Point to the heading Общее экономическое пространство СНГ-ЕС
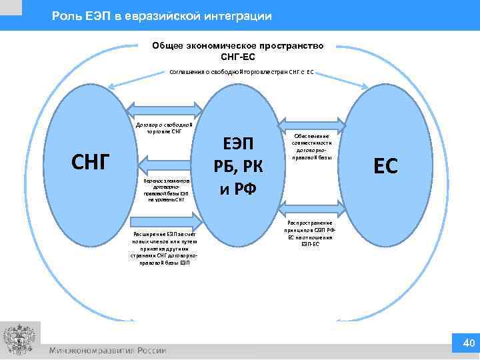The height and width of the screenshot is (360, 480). (238, 51)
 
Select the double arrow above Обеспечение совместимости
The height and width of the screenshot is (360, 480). (311, 123)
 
